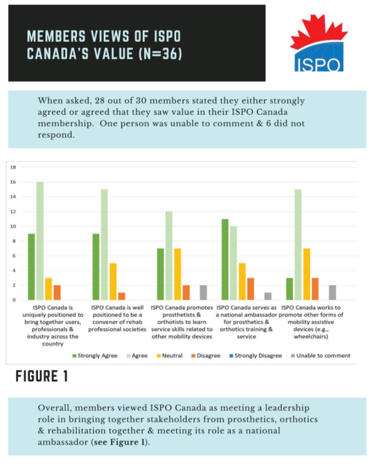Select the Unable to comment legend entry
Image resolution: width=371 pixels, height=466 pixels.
coord(320,355)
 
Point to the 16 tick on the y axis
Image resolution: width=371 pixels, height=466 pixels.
coord(12,182)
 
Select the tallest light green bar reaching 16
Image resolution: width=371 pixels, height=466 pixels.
coord(40,241)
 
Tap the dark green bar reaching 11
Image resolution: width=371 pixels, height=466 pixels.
coord(225,260)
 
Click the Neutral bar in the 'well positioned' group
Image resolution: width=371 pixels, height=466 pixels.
coord(113,281)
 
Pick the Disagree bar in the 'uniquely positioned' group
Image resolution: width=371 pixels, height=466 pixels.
coord(56,292)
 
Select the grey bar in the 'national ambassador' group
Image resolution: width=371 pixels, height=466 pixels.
coord(268,296)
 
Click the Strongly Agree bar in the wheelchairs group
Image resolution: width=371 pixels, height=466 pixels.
coord(290,289)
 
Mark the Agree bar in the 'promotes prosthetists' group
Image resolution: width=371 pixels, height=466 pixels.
coord(169,256)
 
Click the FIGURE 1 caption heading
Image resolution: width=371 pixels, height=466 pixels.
coord(42,377)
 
